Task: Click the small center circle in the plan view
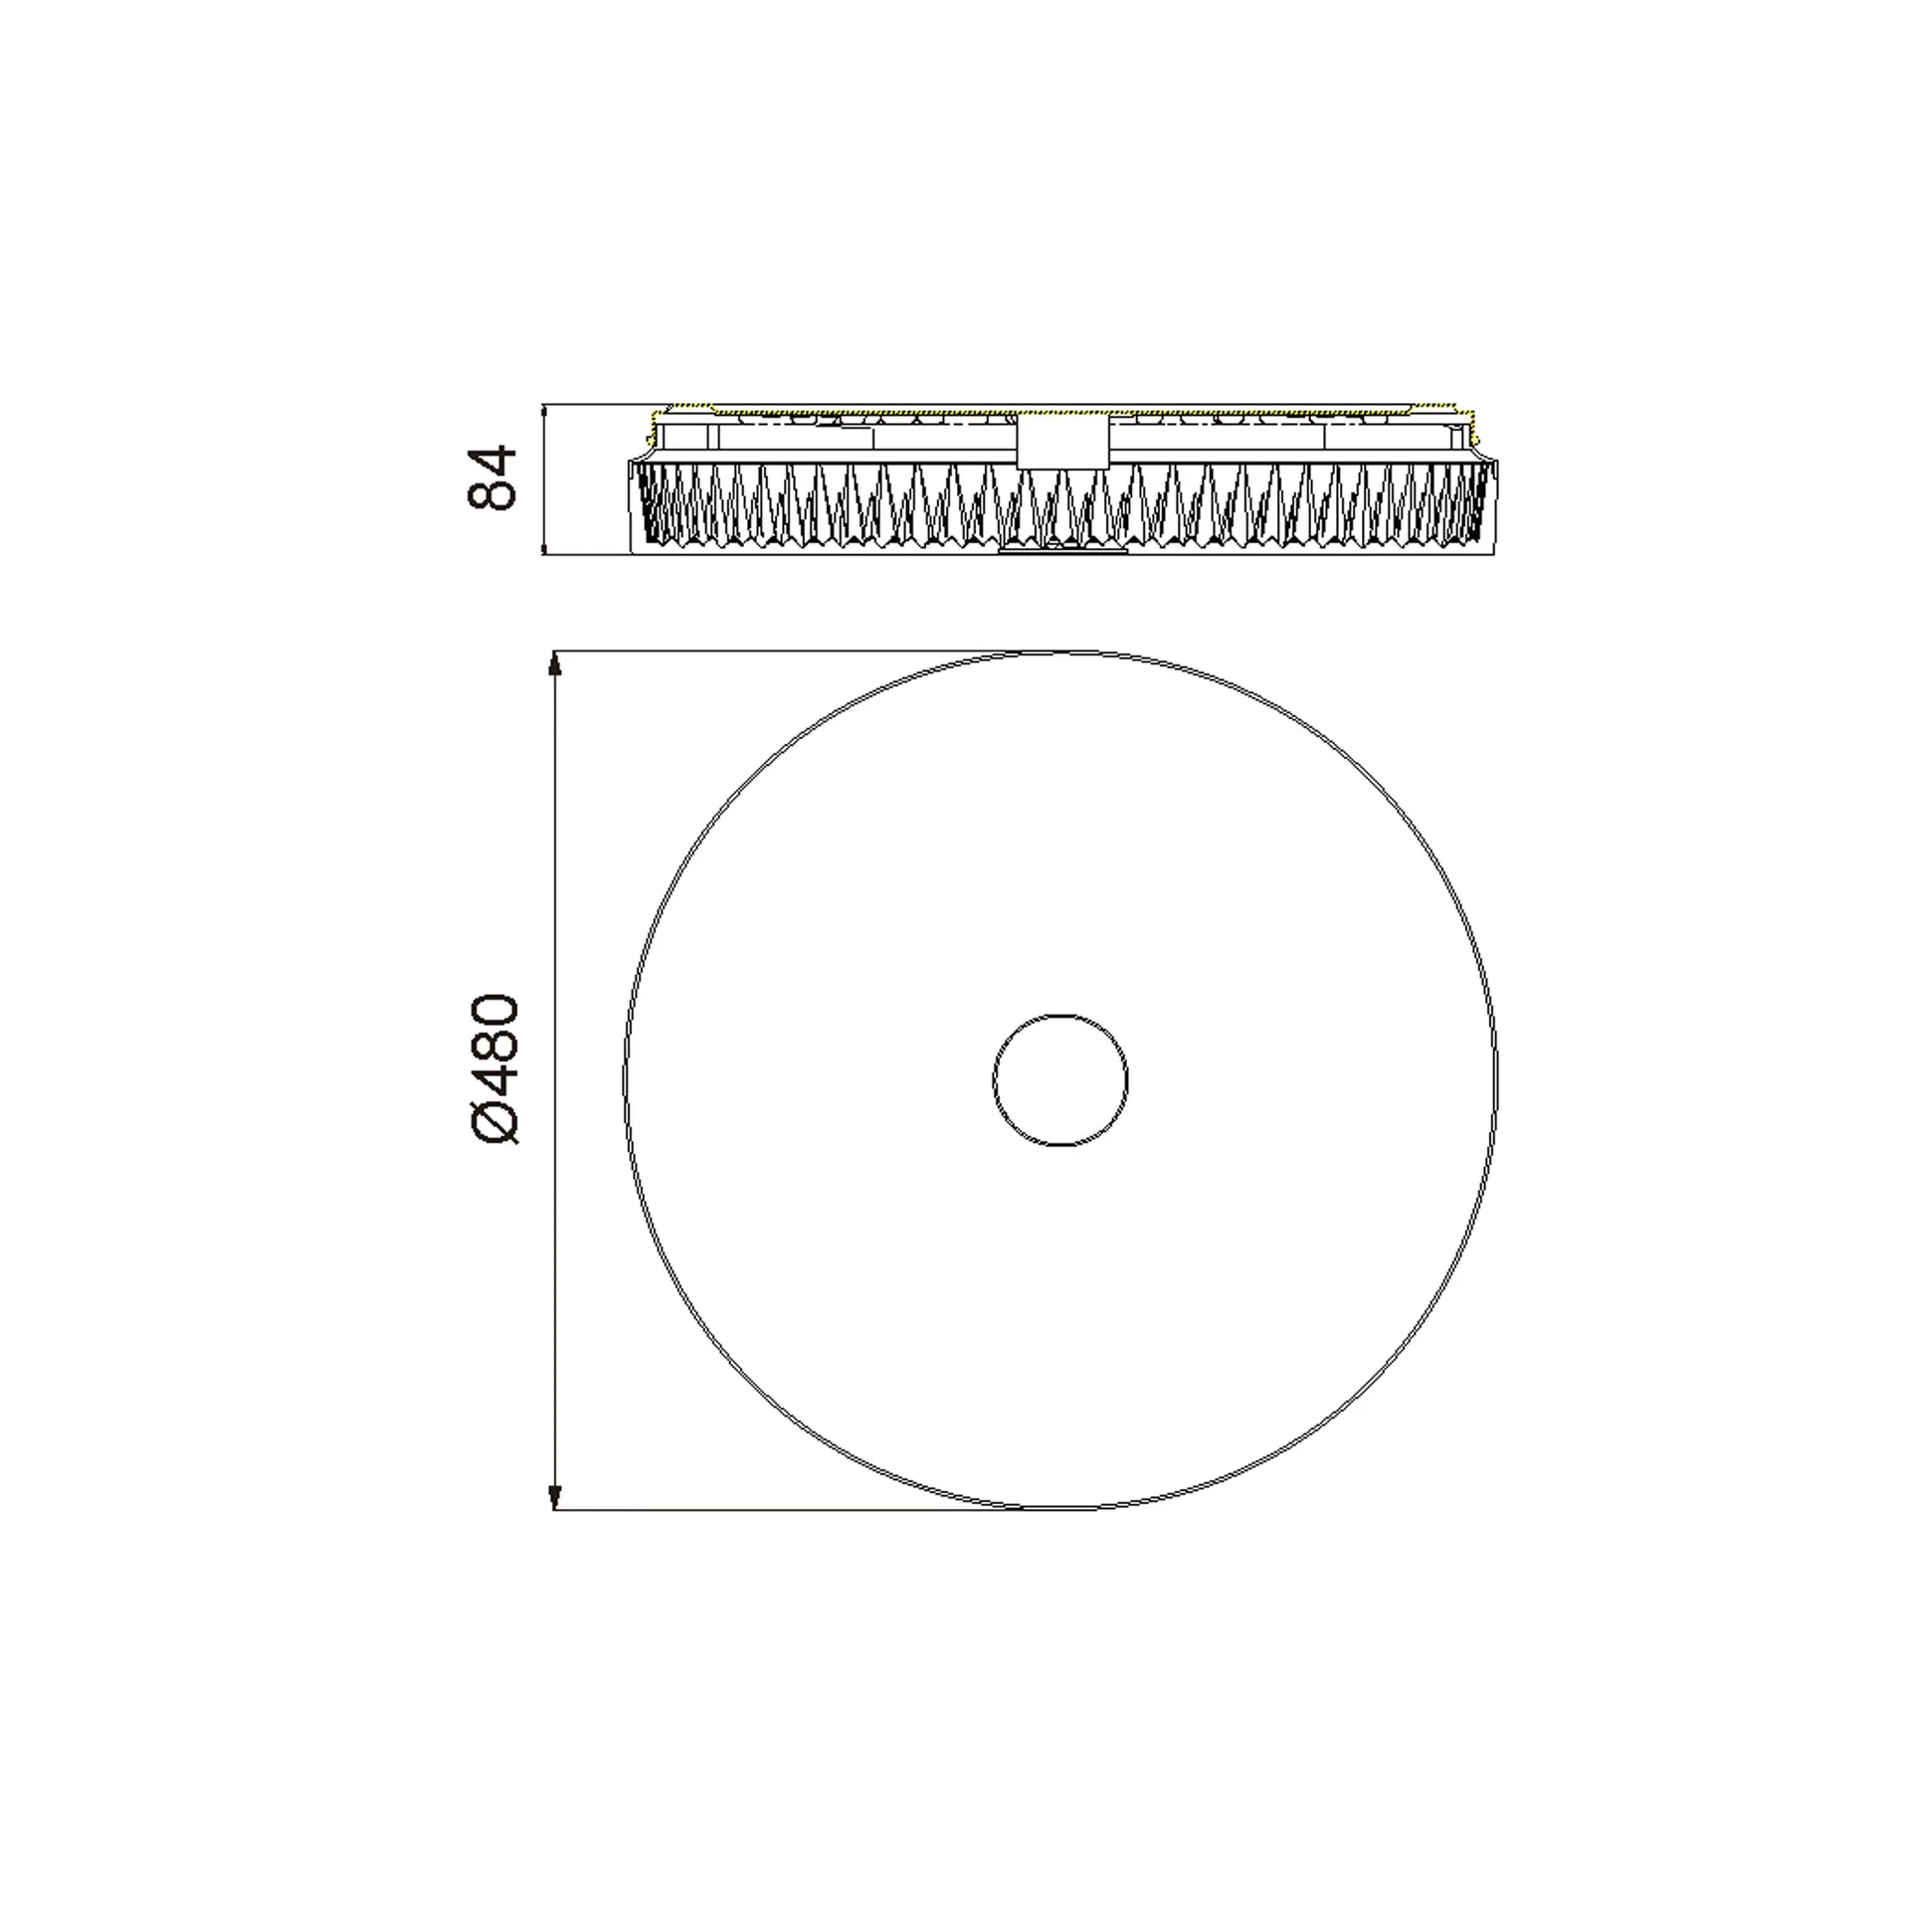click(x=1060, y=1015)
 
